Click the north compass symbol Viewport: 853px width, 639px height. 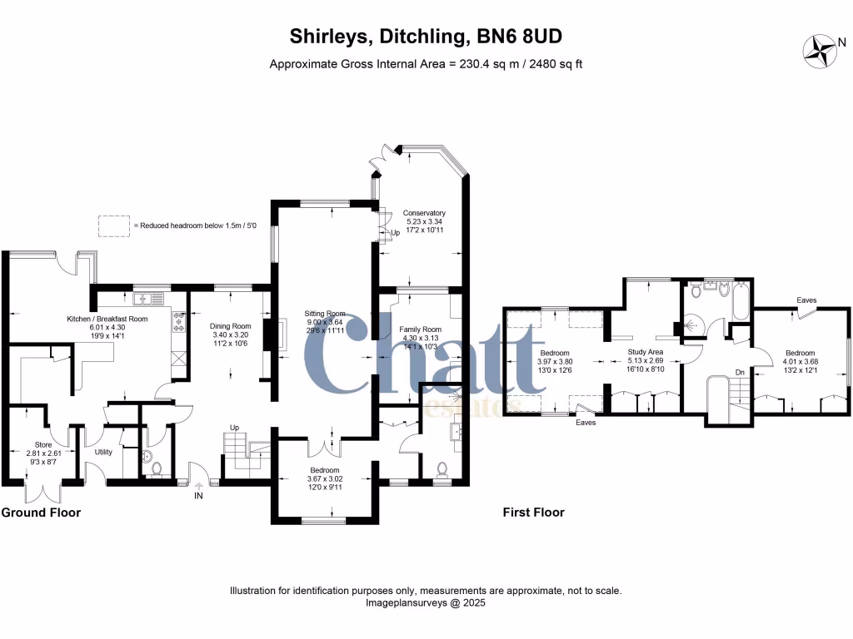click(819, 50)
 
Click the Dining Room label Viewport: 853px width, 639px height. click(230, 326)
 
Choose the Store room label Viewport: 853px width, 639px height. click(38, 443)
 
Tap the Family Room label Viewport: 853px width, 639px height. click(419, 329)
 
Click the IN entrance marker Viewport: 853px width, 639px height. click(198, 497)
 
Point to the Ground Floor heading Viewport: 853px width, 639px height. click(41, 513)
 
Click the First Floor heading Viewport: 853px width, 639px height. click(533, 513)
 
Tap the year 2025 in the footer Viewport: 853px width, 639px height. click(471, 602)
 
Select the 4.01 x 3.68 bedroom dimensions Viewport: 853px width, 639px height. click(800, 362)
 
